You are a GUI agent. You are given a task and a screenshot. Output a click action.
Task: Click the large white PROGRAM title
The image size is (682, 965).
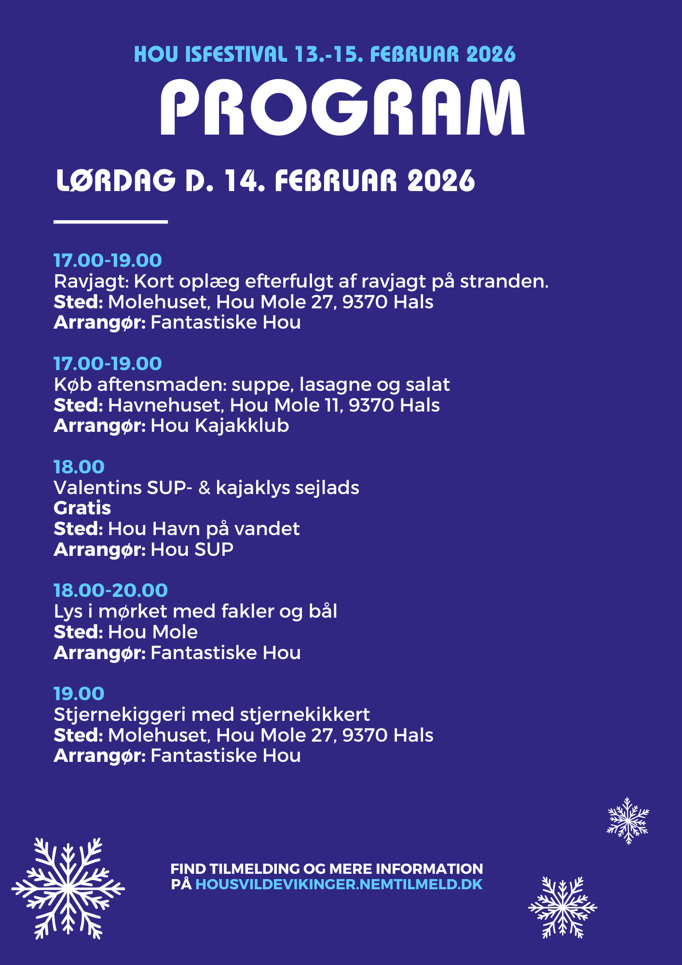(341, 108)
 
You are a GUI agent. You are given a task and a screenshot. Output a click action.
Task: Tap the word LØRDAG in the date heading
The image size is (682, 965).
(116, 181)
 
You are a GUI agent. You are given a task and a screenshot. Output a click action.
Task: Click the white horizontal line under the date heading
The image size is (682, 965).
(110, 221)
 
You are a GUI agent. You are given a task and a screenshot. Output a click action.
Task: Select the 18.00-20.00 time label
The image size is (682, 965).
(110, 590)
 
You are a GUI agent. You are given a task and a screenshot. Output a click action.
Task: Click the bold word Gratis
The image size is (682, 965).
(82, 508)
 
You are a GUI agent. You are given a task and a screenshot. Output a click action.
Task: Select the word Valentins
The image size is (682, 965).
(97, 488)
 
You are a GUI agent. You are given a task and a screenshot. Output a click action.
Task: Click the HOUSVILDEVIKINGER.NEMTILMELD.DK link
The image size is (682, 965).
(339, 884)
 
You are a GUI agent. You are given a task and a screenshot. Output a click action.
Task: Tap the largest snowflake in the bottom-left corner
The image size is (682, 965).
(68, 888)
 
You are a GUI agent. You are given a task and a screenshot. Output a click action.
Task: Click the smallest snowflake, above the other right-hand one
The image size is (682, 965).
(627, 820)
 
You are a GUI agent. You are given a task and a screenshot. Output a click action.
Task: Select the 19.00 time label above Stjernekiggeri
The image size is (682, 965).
(79, 693)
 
